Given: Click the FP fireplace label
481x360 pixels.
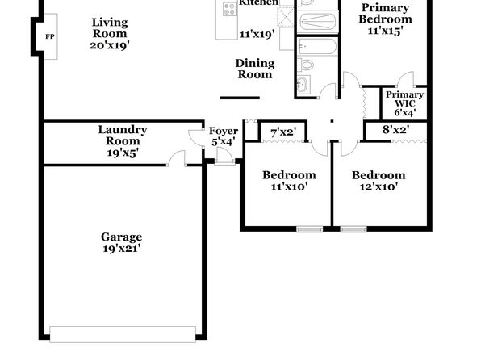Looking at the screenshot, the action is click(50, 36).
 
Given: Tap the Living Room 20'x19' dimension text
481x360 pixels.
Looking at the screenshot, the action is click(110, 45).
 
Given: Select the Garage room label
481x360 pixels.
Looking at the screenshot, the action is click(122, 237).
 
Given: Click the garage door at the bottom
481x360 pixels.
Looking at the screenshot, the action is click(123, 334).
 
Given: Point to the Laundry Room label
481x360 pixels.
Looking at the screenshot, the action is click(123, 135).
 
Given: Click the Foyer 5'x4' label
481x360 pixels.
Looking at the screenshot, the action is click(224, 136).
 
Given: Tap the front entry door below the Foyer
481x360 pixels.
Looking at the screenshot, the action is click(225, 157).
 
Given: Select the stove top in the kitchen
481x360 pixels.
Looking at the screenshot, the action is click(230, 9).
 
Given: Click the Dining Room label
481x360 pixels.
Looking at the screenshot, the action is click(255, 69).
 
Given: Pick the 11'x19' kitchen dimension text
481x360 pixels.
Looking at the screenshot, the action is click(257, 34).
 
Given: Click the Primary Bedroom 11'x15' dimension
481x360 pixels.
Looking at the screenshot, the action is click(385, 31).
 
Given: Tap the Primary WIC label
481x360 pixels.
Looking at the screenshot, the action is click(405, 99).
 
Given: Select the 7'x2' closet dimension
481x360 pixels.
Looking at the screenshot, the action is click(283, 132).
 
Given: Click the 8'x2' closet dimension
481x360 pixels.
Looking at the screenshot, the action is click(395, 130).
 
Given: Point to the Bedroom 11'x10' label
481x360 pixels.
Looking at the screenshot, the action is click(289, 181).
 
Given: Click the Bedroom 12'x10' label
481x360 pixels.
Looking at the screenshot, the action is click(379, 181).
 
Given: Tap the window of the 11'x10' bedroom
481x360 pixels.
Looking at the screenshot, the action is click(310, 229).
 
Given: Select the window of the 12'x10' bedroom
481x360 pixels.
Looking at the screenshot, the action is click(353, 229).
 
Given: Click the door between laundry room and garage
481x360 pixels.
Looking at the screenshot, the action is click(177, 159).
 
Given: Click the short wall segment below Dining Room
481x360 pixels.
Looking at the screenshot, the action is click(240, 98).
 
